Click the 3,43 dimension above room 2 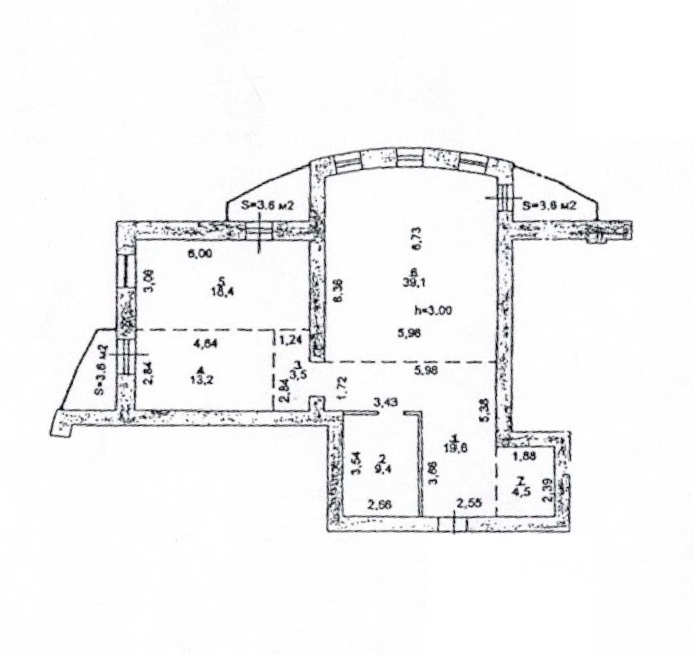click(x=385, y=402)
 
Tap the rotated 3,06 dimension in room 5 click(x=151, y=281)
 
